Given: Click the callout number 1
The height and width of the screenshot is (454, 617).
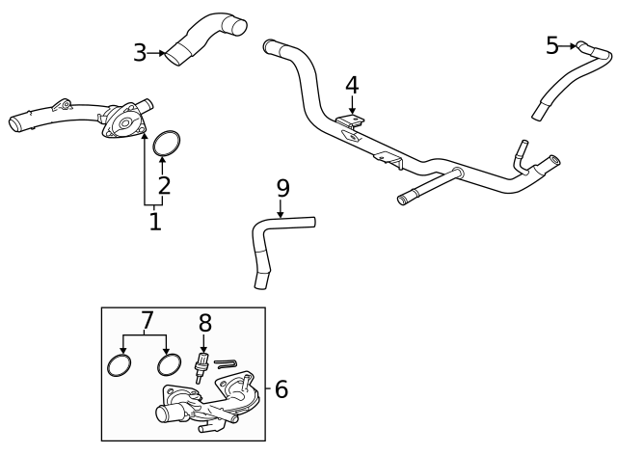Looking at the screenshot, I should (154, 222).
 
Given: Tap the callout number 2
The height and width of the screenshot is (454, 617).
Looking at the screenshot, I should (164, 185).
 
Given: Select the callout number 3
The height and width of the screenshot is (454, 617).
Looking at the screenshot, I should (140, 53).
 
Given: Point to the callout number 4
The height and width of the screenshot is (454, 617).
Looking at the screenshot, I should (352, 85).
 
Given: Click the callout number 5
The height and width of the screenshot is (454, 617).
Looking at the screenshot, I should (551, 45).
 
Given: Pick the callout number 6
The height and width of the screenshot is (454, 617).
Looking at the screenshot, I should (281, 389).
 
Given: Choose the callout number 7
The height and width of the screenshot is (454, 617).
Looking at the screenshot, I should (147, 319).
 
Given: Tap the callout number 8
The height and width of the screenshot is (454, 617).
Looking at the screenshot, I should (204, 324).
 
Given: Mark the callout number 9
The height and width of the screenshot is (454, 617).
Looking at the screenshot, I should (282, 188).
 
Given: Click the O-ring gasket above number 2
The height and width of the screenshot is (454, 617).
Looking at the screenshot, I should (167, 142).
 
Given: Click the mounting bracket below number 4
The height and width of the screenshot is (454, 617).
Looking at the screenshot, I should (351, 122).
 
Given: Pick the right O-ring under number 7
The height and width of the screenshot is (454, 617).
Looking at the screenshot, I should (169, 364).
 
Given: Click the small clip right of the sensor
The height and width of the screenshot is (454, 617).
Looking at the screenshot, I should (226, 363).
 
